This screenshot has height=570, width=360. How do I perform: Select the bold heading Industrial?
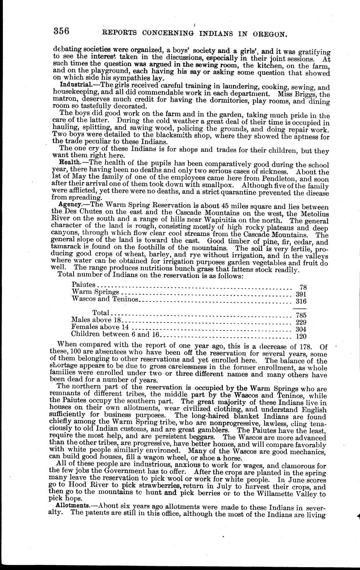[72, 84]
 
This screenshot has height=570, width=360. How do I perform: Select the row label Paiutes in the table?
[83, 284]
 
